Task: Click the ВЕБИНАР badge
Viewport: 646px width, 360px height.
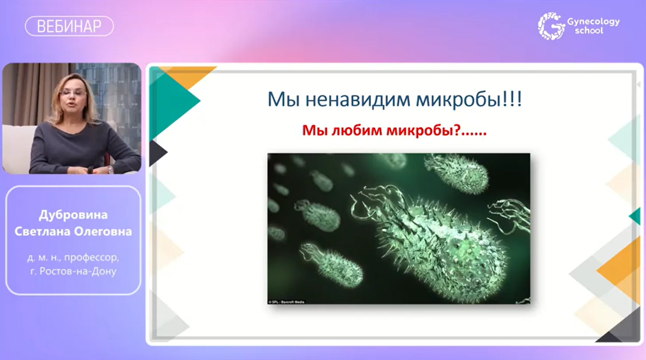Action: click(69, 26)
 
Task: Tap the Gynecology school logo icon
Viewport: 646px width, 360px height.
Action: click(551, 26)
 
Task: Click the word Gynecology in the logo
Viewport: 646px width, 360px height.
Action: click(594, 22)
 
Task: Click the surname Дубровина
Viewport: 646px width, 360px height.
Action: click(73, 215)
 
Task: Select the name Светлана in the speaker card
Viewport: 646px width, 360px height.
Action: click(43, 231)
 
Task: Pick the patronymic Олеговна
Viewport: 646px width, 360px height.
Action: click(103, 231)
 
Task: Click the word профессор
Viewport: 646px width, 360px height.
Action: click(91, 258)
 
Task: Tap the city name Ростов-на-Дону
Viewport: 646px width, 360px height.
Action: click(78, 271)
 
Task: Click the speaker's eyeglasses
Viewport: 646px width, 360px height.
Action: click(73, 92)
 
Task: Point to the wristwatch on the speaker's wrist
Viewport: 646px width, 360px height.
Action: click(110, 170)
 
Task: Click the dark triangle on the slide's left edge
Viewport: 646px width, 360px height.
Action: click(157, 153)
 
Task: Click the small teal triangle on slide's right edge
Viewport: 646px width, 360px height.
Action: click(635, 216)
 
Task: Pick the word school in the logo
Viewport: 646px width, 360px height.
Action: click(589, 31)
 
